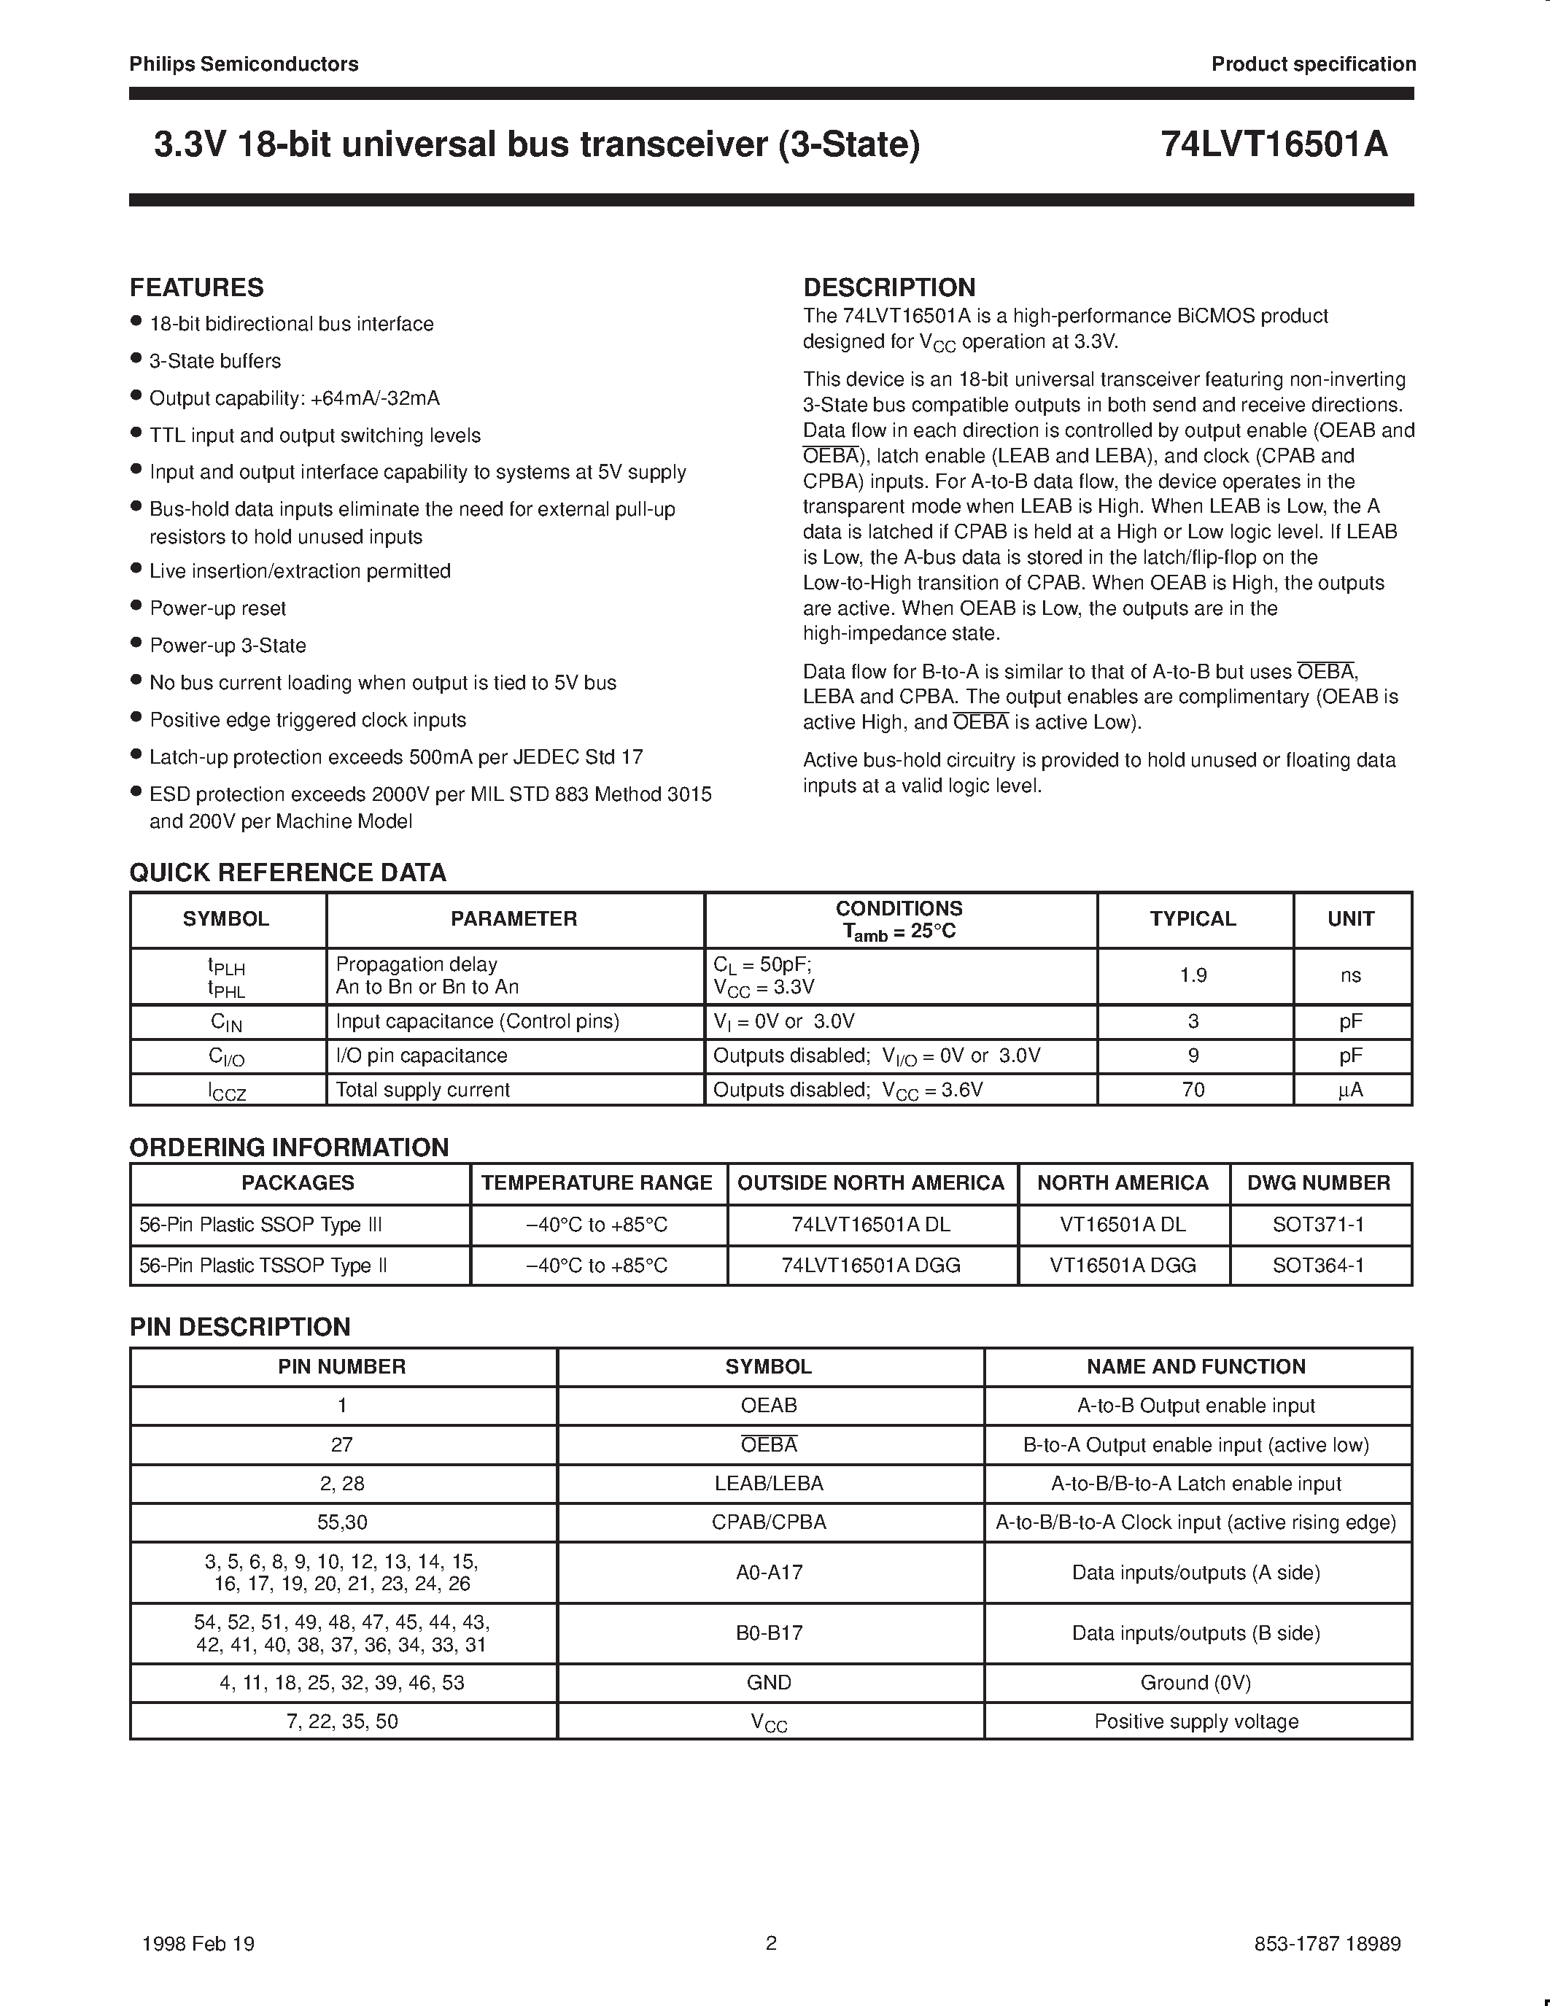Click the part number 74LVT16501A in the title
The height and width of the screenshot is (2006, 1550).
pos(1274,145)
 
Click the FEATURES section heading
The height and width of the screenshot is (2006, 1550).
pos(196,287)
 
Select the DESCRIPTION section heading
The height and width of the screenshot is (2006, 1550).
pos(889,287)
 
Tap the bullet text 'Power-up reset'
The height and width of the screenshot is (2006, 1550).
pos(217,608)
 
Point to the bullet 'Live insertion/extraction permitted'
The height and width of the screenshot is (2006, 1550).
pos(299,571)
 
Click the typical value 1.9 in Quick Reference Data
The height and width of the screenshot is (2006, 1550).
pos(1193,975)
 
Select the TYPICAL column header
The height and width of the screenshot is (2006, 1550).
pos(1193,918)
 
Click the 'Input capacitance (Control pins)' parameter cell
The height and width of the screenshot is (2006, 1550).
pos(478,1021)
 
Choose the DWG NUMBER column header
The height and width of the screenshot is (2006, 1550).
pos(1319,1183)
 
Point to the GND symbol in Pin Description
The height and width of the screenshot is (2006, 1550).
pos(769,1683)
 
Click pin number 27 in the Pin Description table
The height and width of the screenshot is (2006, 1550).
pos(341,1445)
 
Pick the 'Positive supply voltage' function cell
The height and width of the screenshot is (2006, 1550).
pos(1196,1722)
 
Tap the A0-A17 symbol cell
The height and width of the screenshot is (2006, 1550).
pos(769,1573)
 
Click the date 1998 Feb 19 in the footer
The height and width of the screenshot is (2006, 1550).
pos(198,1943)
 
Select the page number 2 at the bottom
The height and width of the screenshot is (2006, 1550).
pos(771,1943)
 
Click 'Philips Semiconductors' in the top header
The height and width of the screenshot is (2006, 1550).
pos(244,64)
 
